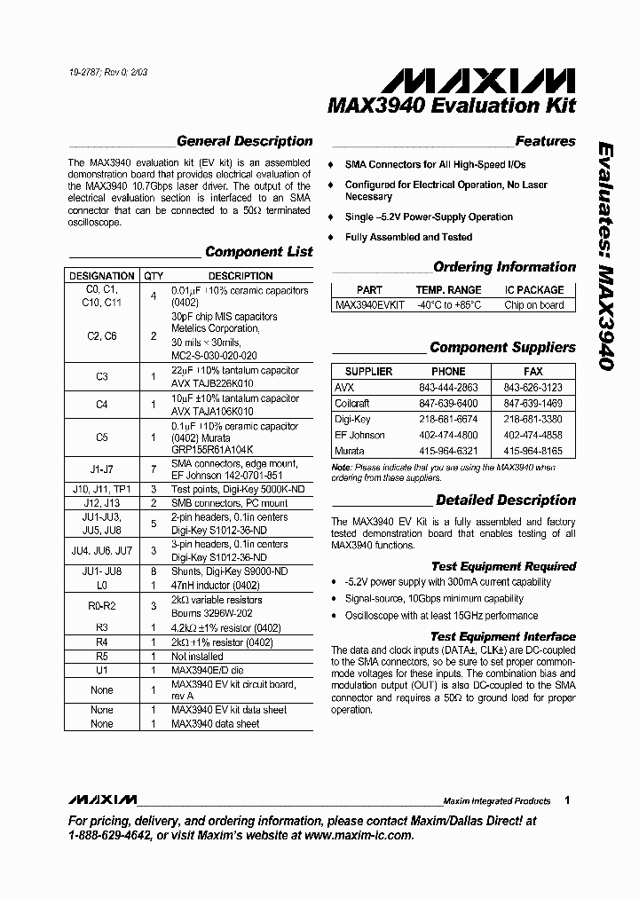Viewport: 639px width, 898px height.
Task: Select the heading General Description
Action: coord(244,141)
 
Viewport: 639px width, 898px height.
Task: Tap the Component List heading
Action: coord(258,252)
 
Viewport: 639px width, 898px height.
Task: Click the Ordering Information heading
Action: coord(504,267)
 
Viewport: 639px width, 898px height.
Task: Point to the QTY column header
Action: coord(154,276)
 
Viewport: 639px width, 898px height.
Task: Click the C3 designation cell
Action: coord(101,377)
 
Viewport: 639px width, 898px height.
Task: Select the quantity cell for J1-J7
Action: coord(154,469)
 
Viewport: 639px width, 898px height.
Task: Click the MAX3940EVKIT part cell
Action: coord(369,305)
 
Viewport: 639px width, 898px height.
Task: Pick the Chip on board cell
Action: coord(534,305)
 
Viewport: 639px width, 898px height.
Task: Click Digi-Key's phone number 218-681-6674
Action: coord(448,420)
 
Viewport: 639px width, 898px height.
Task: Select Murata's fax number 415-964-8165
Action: coord(534,452)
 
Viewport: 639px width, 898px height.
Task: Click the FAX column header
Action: coord(534,372)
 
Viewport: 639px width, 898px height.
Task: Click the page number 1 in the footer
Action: coord(567,800)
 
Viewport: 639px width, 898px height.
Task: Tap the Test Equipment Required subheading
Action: coord(503,566)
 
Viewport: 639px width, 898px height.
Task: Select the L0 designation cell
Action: coord(101,587)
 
